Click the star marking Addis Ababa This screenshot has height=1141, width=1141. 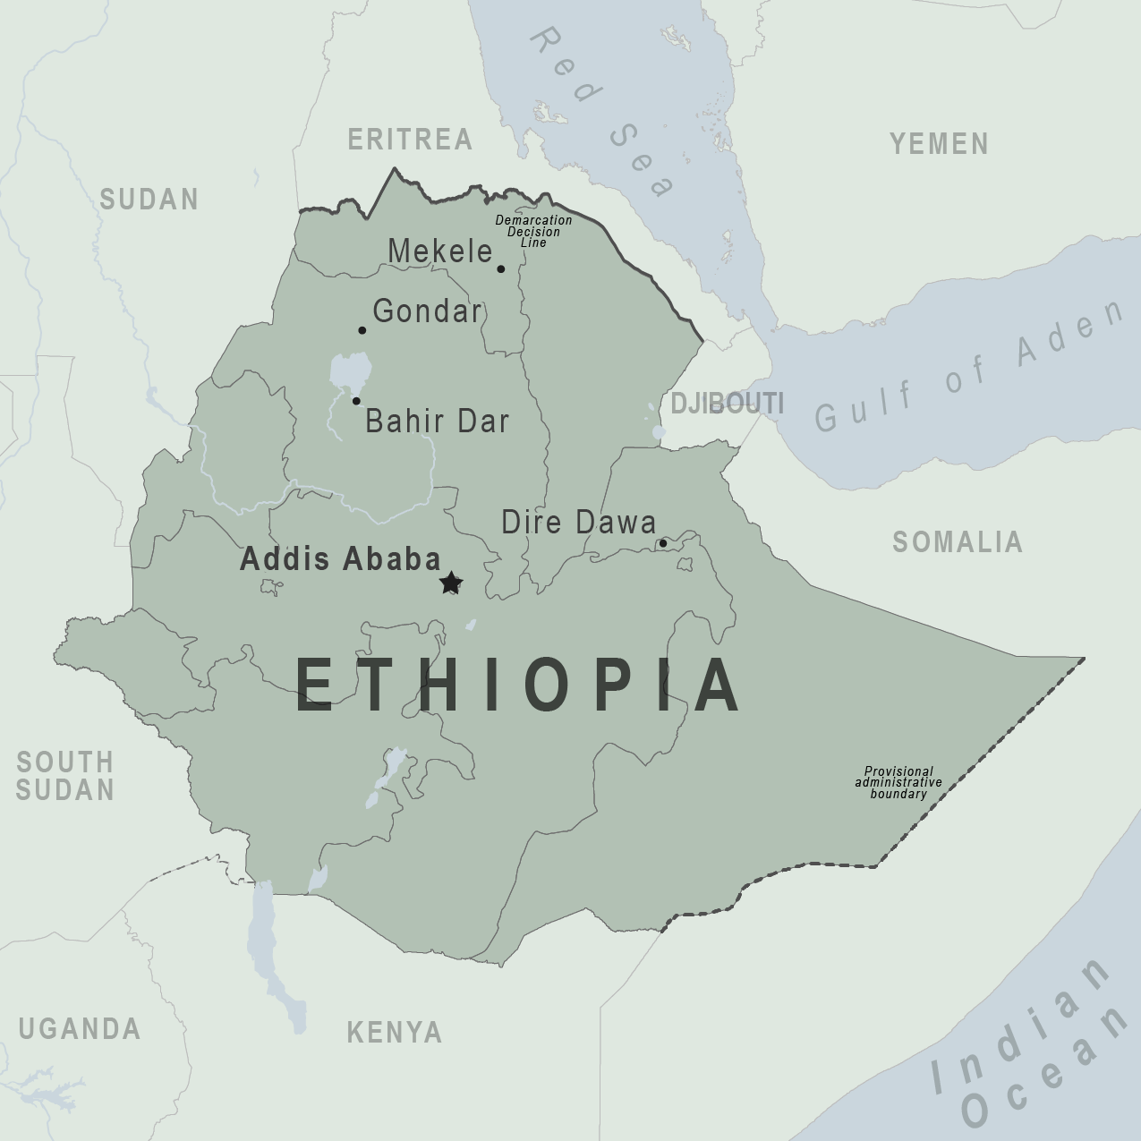451,583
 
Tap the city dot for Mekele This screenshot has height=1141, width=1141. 501,268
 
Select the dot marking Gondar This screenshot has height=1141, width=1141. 362,330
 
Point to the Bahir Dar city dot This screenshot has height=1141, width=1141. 356,401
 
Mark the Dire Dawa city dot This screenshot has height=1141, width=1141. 663,543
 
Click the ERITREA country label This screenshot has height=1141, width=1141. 410,140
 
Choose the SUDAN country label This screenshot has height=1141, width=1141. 149,199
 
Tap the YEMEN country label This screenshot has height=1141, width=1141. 939,143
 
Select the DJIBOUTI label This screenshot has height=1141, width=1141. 727,404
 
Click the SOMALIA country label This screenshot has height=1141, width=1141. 957,541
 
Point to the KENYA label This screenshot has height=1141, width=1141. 395,1032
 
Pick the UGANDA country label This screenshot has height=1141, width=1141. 80,1028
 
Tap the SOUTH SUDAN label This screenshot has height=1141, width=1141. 65,776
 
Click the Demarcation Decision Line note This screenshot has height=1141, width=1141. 533,231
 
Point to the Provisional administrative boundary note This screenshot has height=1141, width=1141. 898,782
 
